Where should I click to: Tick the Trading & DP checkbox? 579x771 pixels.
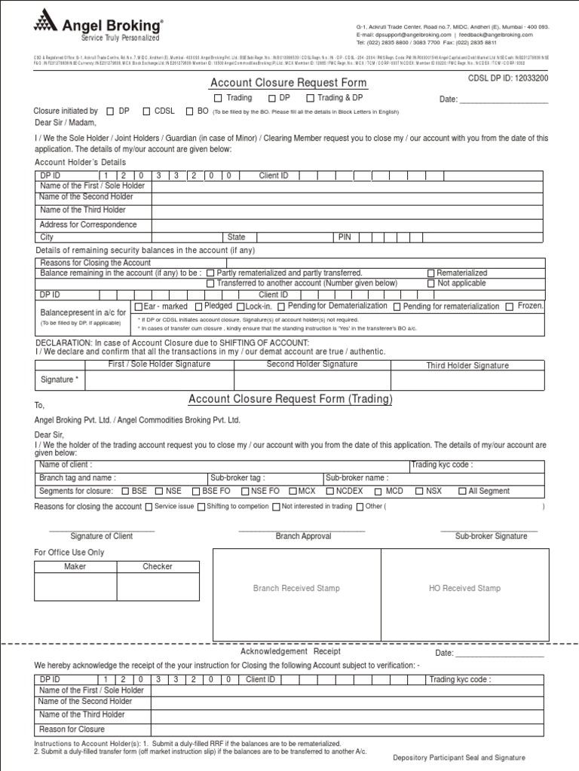(310, 98)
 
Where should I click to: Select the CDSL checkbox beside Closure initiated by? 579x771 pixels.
(146, 111)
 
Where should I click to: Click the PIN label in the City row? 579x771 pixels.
(345, 236)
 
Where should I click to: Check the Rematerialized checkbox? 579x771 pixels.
(431, 273)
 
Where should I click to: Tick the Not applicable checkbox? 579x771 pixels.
(431, 283)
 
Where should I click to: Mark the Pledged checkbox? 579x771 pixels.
(198, 306)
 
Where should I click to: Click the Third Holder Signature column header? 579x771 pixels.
(467, 365)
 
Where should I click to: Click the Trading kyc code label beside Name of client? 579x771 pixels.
(442, 465)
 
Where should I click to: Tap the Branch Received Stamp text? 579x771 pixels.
(296, 588)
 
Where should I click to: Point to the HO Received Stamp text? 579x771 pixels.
(464, 588)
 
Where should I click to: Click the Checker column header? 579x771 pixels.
(158, 566)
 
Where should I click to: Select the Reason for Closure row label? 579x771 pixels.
(72, 729)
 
